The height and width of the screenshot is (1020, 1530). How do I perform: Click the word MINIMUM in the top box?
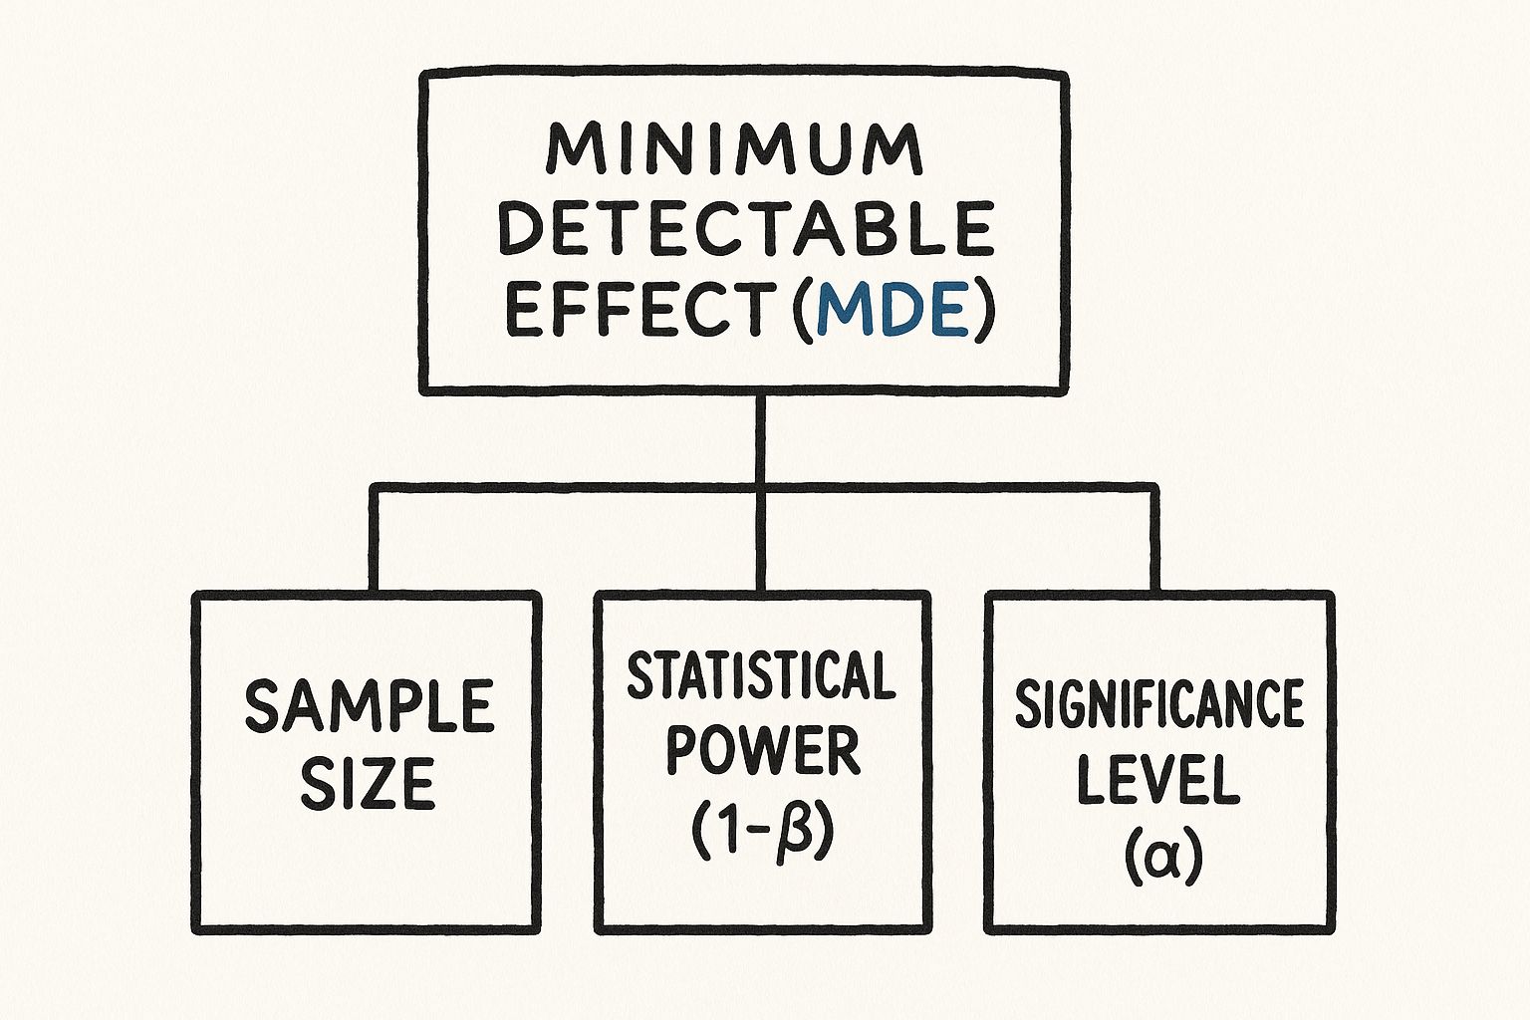(734, 149)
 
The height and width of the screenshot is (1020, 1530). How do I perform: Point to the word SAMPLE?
(369, 706)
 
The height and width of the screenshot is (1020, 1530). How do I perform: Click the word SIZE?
(368, 783)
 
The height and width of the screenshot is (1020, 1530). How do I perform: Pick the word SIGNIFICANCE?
(1159, 703)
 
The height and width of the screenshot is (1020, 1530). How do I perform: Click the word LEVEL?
(1158, 780)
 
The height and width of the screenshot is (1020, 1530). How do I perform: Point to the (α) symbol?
(1161, 860)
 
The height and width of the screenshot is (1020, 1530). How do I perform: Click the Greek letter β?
(796, 835)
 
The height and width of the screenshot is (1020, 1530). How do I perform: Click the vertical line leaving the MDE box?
(760, 439)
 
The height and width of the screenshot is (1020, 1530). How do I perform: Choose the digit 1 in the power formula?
(728, 833)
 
